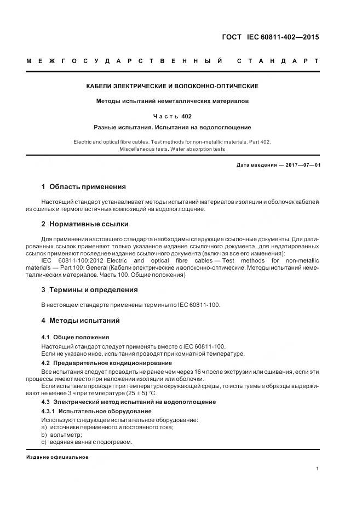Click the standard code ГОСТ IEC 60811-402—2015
(270, 38)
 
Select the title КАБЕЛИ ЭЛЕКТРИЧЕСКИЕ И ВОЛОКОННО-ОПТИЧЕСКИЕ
(173, 87)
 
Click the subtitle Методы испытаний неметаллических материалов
(173, 101)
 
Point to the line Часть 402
(173, 116)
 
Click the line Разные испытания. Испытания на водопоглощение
(173, 127)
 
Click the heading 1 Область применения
(84, 187)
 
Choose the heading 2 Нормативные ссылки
(85, 224)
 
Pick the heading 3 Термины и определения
(89, 290)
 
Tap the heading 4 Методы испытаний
(81, 321)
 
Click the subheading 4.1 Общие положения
(75, 337)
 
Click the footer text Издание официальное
(57, 457)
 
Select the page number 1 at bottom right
(318, 469)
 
